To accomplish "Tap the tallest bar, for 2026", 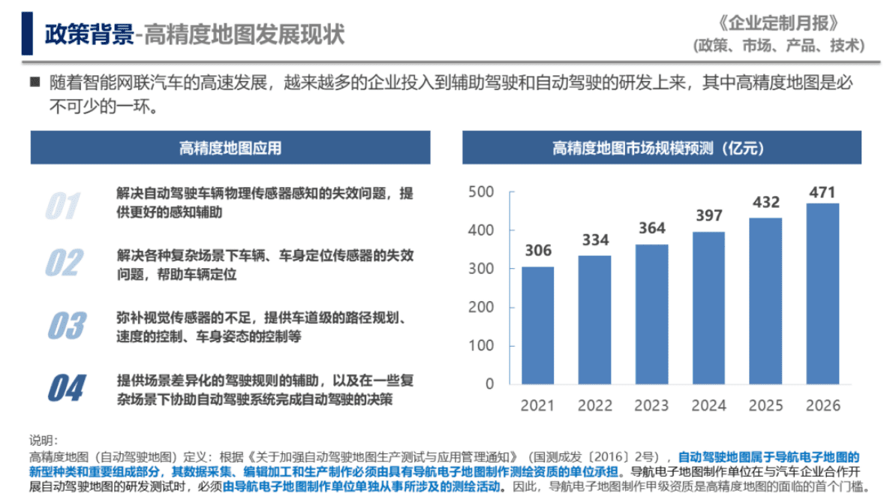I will (x=822, y=293).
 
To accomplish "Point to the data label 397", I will (x=708, y=216).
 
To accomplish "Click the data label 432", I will (x=766, y=202).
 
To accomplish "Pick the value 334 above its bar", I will (x=594, y=240).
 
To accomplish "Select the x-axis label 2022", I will (x=594, y=406).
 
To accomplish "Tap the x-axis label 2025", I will (x=766, y=406).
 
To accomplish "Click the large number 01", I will (x=63, y=205).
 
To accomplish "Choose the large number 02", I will (x=65, y=263).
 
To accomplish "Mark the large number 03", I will (x=66, y=325).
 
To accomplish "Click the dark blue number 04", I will (x=66, y=388).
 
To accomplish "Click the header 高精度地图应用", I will (x=230, y=148).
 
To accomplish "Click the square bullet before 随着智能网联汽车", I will (x=34, y=81).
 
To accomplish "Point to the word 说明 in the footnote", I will (x=43, y=440).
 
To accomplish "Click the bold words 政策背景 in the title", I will (x=88, y=34).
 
